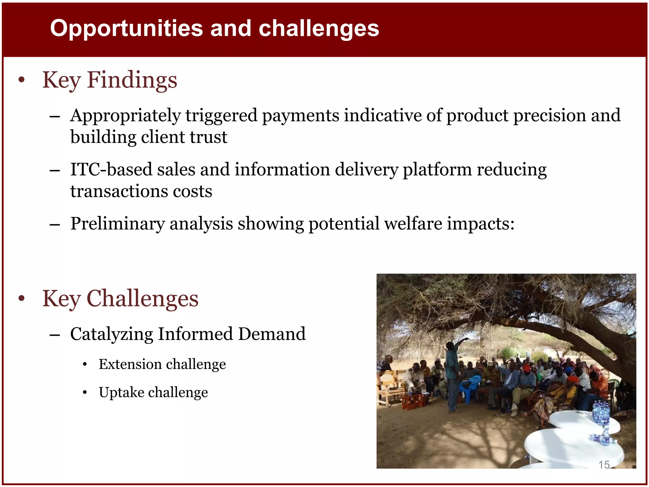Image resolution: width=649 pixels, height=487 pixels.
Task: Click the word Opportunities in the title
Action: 126,29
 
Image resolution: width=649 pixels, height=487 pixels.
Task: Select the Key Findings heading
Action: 110,80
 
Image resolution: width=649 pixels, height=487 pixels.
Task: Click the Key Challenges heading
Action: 120,299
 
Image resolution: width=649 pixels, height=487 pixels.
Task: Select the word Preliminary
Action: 117,224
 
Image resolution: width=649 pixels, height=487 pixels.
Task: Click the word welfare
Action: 413,224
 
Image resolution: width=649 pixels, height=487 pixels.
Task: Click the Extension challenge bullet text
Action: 162,364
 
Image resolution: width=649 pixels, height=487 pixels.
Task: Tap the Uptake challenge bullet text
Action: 153,393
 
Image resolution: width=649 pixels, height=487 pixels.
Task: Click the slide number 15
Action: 604,465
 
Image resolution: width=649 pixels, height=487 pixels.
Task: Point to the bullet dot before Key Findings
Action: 21,80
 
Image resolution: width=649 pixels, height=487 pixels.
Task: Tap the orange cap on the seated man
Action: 526,368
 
